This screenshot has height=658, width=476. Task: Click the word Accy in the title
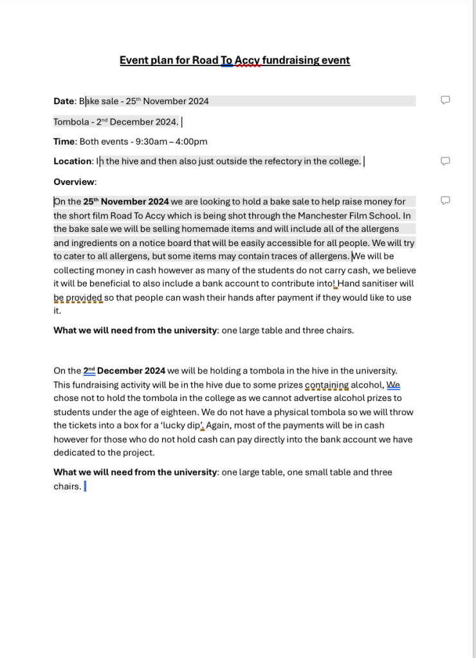248,60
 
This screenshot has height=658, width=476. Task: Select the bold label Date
64,101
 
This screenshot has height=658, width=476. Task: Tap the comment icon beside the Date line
445,100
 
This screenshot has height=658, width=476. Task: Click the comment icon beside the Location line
445,161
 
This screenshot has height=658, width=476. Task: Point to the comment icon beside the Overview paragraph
445,200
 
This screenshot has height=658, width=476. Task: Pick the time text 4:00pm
191,141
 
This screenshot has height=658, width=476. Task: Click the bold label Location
73,161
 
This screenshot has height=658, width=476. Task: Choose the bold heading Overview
74,182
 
